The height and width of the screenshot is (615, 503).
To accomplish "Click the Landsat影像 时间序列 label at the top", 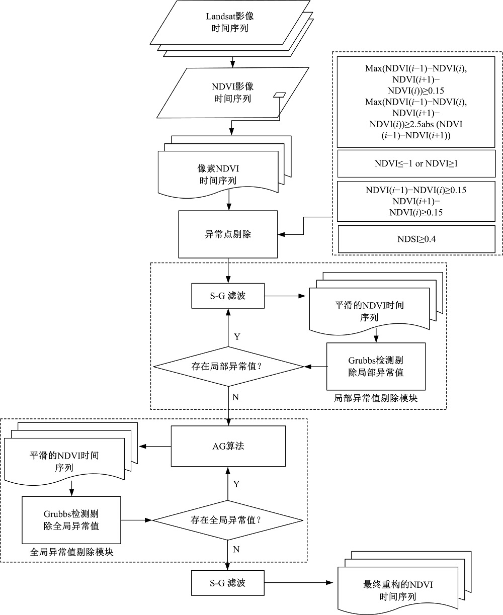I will (x=230, y=22).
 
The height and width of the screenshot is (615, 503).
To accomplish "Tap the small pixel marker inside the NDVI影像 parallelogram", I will (x=279, y=95).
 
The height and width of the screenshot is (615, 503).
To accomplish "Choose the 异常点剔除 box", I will (x=228, y=234).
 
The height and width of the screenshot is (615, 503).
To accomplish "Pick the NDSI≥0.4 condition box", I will (x=415, y=239).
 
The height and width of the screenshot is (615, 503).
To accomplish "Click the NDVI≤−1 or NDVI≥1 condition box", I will (x=415, y=163).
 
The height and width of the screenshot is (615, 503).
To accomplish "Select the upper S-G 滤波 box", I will (x=228, y=296).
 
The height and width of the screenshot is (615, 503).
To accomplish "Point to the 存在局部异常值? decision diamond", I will (x=229, y=367).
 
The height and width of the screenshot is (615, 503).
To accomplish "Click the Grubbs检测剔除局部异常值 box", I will (x=376, y=367).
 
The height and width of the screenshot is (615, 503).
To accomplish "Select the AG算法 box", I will (x=228, y=446).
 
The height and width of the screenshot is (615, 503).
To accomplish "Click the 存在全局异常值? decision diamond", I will (x=229, y=520).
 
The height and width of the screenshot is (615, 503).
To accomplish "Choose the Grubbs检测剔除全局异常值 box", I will (x=71, y=520).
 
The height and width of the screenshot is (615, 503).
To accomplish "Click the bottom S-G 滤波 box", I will (x=228, y=583).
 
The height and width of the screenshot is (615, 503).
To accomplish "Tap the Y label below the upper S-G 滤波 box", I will (x=236, y=336).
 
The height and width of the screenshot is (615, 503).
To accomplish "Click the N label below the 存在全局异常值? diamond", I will (x=236, y=549).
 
